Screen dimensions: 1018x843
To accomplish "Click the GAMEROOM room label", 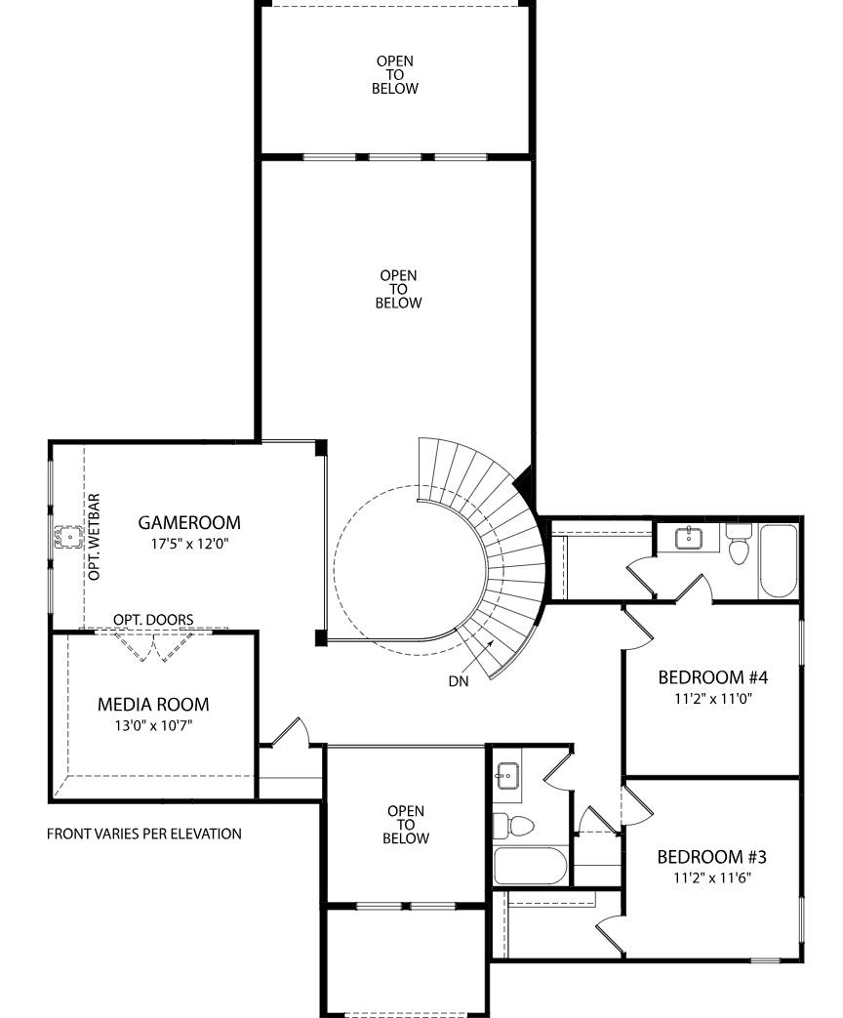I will [x=188, y=522].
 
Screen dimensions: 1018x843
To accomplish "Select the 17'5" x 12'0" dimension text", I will [x=188, y=544].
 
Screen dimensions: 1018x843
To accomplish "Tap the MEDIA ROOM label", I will [x=153, y=704].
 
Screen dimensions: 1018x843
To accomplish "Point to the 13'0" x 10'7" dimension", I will [x=153, y=725].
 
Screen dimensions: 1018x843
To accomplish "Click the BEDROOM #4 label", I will [x=713, y=677].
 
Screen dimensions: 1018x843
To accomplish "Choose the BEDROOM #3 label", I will [x=711, y=857].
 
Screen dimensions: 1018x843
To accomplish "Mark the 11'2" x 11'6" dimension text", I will [x=711, y=877].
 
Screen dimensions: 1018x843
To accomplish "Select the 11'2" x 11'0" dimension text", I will [x=713, y=699].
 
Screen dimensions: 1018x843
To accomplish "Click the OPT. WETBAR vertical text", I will [x=95, y=537].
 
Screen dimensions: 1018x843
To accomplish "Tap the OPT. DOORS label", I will [x=153, y=620].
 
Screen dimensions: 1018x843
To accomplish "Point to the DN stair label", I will [x=459, y=681].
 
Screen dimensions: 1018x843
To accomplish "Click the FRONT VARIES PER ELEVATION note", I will [x=144, y=834].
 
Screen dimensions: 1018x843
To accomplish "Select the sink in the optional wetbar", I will [x=70, y=537].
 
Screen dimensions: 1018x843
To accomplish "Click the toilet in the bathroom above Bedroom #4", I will [x=738, y=547].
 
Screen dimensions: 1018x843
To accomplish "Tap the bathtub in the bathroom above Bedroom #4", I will [x=779, y=561].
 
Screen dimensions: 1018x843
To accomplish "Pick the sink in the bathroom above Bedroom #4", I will [x=689, y=536].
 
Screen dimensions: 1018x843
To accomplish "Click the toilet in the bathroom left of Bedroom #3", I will [x=515, y=825].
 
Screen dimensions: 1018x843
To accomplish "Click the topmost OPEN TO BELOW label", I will [x=395, y=74].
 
